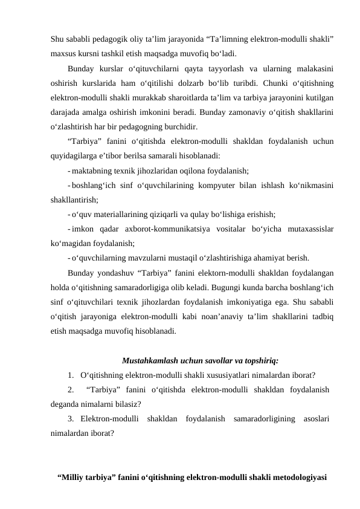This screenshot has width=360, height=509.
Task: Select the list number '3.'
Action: [72, 420]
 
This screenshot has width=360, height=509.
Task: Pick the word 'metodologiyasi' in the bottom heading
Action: [297, 478]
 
